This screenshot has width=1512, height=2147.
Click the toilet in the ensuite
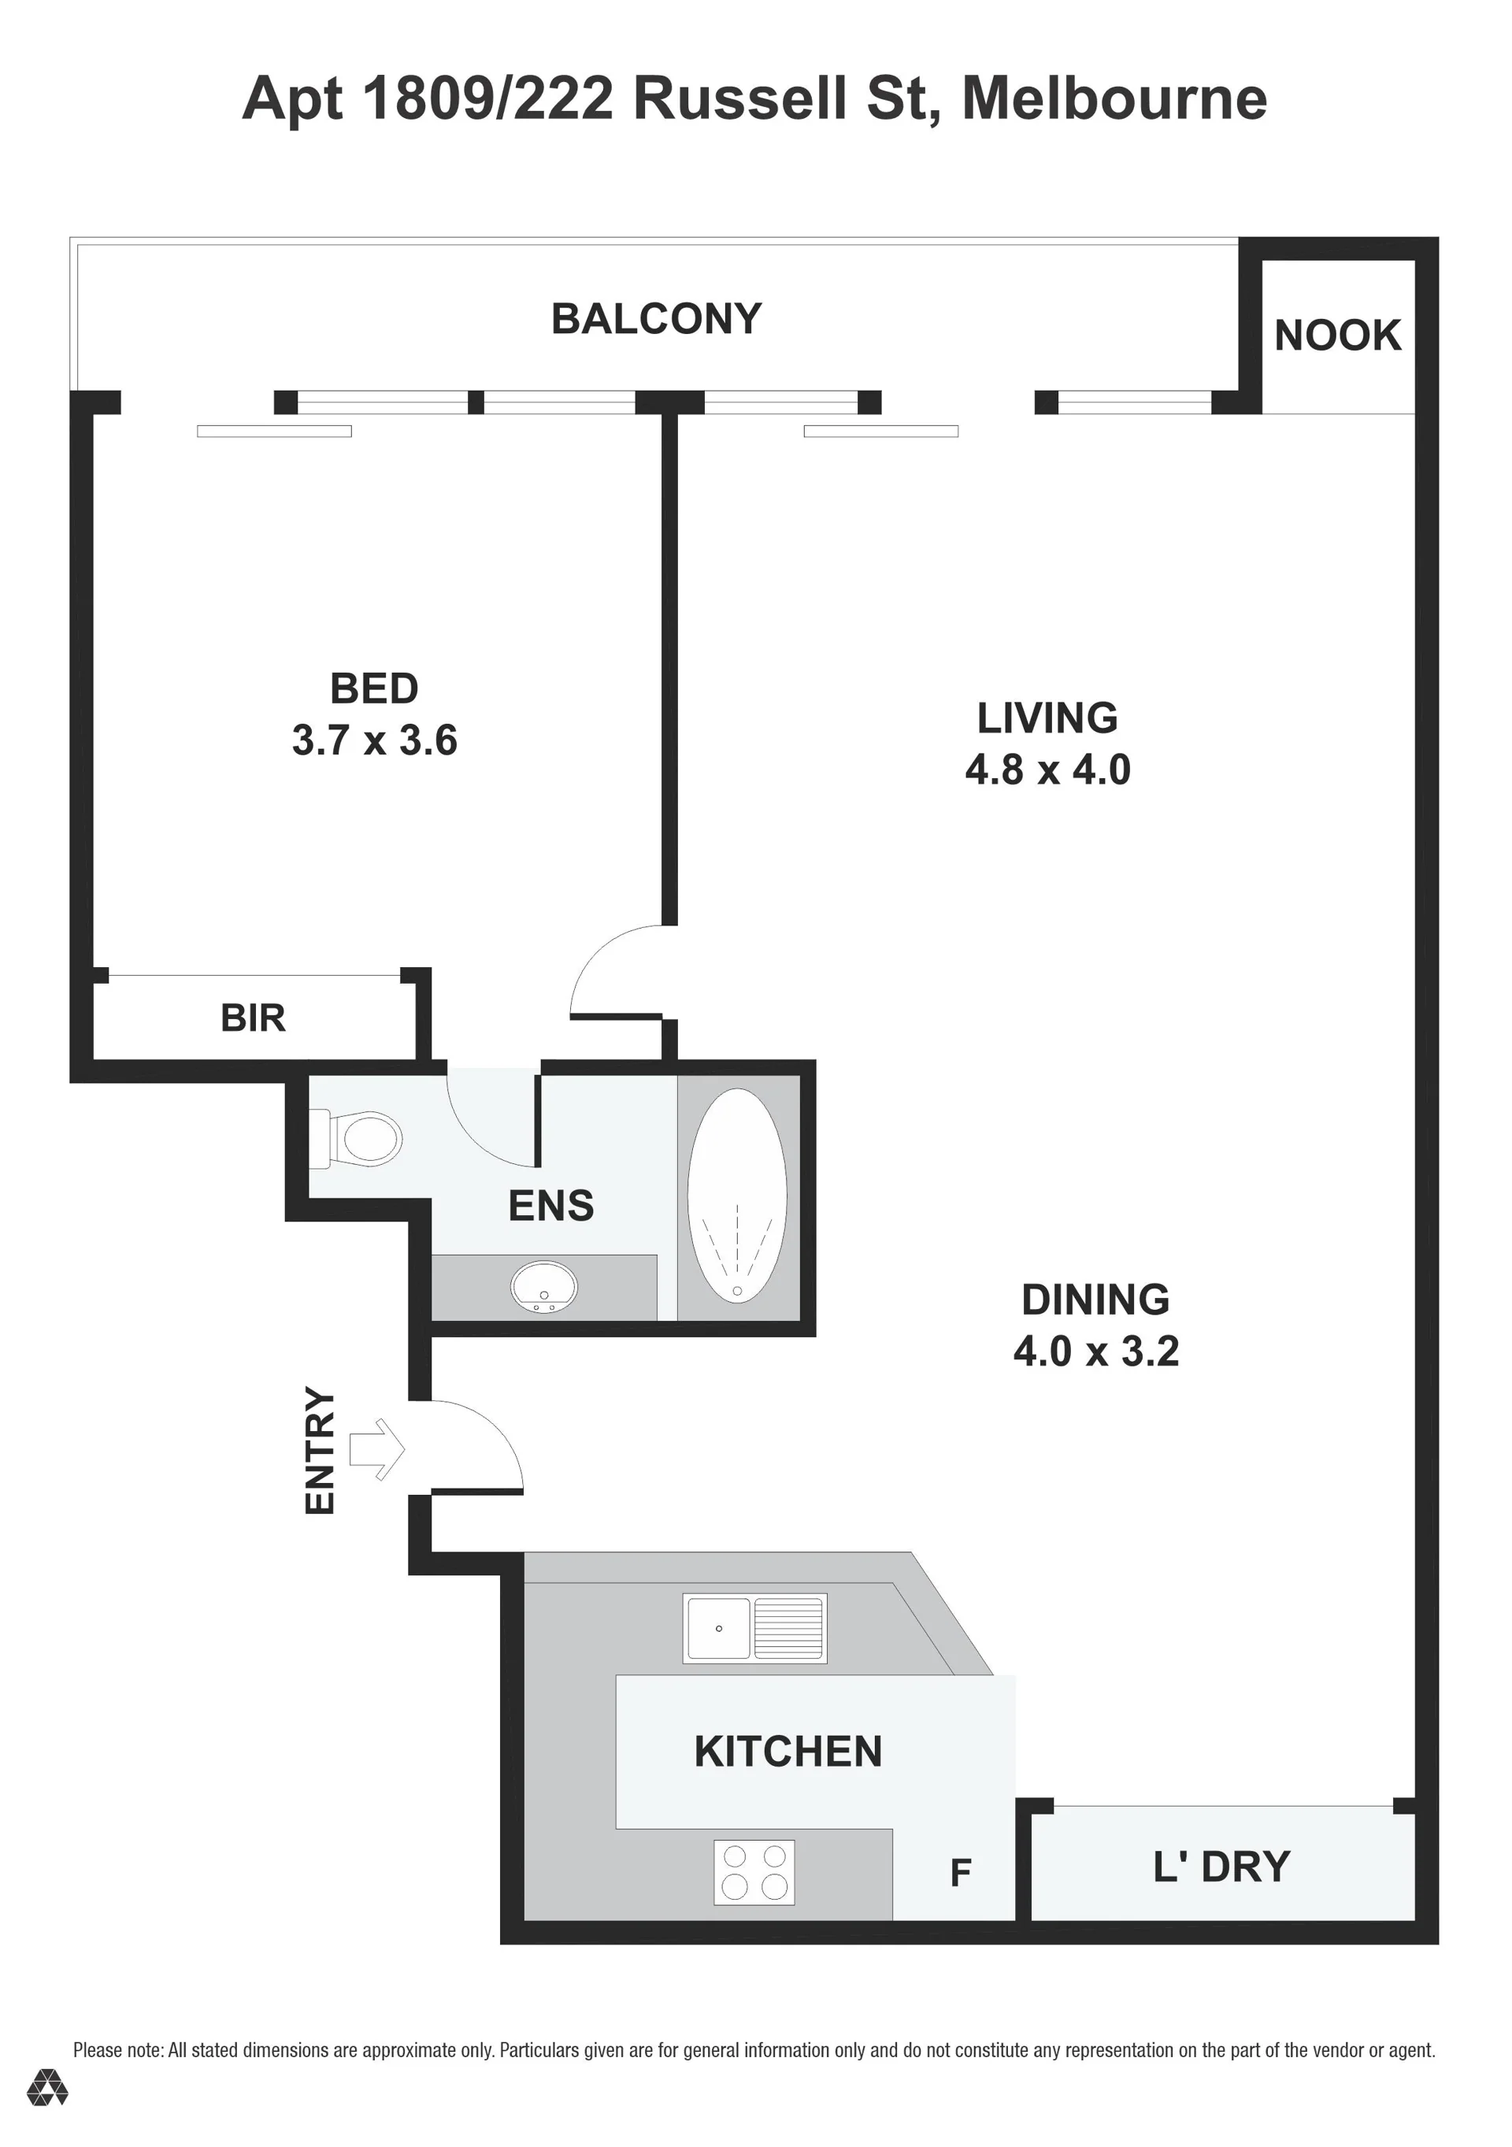tap(356, 1139)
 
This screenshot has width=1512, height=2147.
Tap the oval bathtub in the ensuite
tap(737, 1195)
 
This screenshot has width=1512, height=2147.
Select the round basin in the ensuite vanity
tap(543, 1287)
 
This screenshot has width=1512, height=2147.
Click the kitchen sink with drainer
tap(754, 1628)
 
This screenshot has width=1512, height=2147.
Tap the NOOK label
tap(1337, 336)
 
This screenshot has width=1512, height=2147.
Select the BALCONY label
tap(657, 319)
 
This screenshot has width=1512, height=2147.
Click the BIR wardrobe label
tap(253, 1018)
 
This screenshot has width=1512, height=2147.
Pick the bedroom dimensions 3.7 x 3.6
tap(375, 740)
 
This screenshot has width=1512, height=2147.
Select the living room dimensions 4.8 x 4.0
tap(1048, 769)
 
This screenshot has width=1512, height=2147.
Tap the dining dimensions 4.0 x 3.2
tap(1096, 1352)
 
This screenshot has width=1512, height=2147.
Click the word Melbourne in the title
tap(1114, 98)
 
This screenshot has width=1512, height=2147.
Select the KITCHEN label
tap(788, 1752)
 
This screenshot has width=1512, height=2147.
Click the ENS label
tap(550, 1207)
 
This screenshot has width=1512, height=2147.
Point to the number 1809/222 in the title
tap(487, 99)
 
